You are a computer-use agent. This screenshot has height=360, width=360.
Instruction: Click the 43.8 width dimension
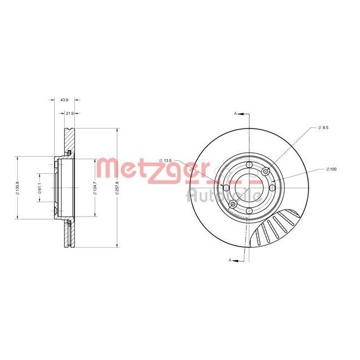click(64, 100)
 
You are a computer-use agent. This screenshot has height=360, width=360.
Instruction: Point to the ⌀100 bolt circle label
click(332, 168)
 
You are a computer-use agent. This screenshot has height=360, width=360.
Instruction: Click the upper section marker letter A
click(235, 113)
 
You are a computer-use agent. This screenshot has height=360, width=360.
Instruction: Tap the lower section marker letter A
click(229, 259)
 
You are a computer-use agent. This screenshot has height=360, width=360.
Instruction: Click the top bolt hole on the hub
click(249, 166)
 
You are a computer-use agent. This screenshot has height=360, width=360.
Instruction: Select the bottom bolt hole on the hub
click(249, 210)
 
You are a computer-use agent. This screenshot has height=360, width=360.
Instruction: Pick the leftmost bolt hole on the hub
click(226, 188)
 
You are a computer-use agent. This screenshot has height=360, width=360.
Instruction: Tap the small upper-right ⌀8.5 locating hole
click(265, 171)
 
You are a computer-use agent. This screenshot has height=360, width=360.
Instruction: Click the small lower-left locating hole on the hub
click(233, 205)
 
